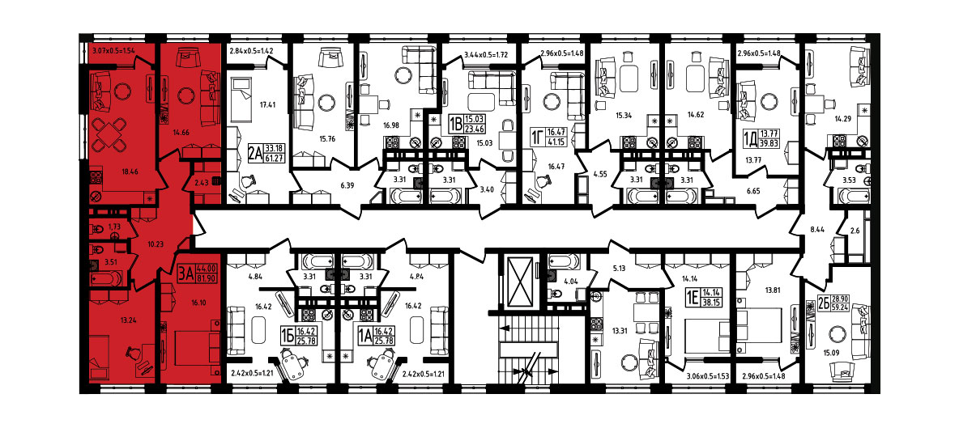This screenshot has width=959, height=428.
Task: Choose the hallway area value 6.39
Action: tap(348, 184)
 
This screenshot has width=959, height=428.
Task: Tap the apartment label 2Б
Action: tap(823, 303)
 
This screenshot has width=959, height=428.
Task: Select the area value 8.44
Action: tap(816, 230)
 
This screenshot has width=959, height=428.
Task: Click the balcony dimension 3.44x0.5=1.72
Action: tap(487, 55)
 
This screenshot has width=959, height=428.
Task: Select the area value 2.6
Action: tap(855, 230)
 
